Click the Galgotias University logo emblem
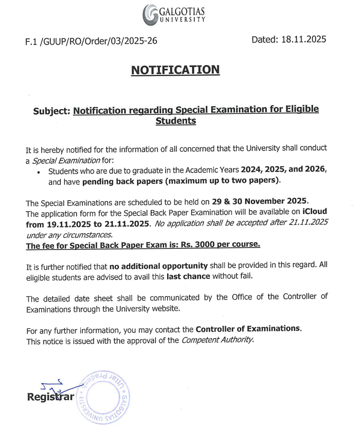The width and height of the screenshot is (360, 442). point(152,15)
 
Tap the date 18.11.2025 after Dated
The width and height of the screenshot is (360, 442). point(303,39)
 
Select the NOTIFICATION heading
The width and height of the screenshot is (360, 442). point(175,70)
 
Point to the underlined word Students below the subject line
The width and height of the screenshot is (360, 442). point(176,121)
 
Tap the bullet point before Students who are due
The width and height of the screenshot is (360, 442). point(38,172)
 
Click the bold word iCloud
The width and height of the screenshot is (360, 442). point(315,212)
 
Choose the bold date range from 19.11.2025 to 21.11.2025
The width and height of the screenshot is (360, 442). point(89,224)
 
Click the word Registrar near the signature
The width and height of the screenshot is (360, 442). point(50,397)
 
